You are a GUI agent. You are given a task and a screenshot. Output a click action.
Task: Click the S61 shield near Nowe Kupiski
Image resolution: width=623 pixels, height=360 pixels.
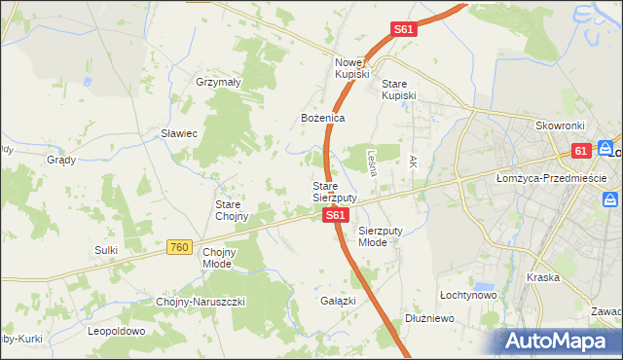[405, 30]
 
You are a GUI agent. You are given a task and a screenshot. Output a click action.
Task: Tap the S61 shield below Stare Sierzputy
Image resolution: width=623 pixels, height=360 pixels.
[334, 214]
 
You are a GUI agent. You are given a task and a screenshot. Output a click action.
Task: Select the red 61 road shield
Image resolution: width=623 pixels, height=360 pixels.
[581, 151]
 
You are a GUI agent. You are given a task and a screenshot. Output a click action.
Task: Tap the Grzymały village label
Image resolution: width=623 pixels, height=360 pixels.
[218, 83]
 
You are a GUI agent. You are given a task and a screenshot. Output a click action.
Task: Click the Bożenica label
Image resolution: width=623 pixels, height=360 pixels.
[322, 118]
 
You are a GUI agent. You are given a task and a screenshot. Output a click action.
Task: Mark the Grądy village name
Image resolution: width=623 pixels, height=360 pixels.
[61, 160]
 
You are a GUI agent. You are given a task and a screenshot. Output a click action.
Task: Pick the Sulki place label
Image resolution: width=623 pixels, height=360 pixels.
[106, 250]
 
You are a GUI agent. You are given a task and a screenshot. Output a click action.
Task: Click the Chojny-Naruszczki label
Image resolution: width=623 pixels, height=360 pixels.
[201, 302]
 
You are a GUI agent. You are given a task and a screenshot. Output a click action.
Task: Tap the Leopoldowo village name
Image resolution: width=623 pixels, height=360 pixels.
[116, 331]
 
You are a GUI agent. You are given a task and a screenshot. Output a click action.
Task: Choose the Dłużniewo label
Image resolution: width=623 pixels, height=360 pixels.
[430, 318]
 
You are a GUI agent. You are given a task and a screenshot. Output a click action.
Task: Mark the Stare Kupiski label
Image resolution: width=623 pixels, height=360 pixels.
[398, 89]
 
